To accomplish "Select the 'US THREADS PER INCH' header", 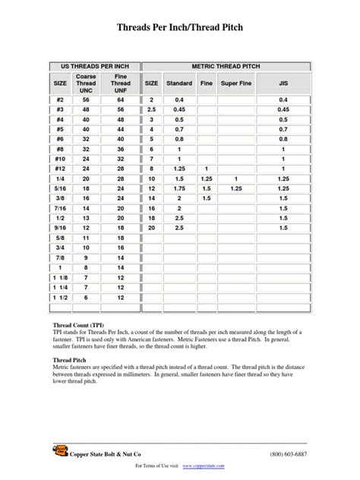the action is (x=94, y=67).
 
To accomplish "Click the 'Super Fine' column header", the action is (x=236, y=83).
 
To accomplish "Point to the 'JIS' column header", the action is (x=283, y=83).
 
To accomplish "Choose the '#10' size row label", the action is (x=59, y=159).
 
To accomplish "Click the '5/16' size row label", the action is (x=59, y=187).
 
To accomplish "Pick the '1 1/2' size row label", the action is (x=59, y=297).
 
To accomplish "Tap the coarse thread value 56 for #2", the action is (x=86, y=99).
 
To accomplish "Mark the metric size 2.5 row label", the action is (x=151, y=109).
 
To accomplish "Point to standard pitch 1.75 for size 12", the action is (x=179, y=187).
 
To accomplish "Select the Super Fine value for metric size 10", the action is (x=236, y=178).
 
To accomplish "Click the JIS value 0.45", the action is (x=283, y=109).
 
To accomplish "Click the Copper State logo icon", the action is (x=58, y=453).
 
